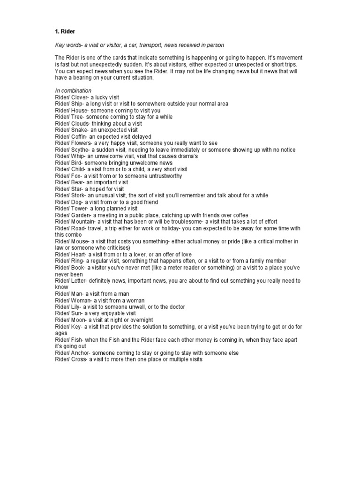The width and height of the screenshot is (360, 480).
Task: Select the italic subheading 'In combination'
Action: [73, 90]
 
